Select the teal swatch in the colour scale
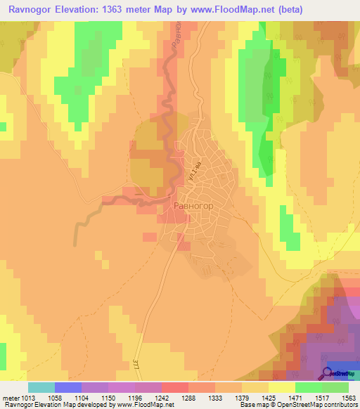[x=41, y=387]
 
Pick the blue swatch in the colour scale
[x=68, y=387]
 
